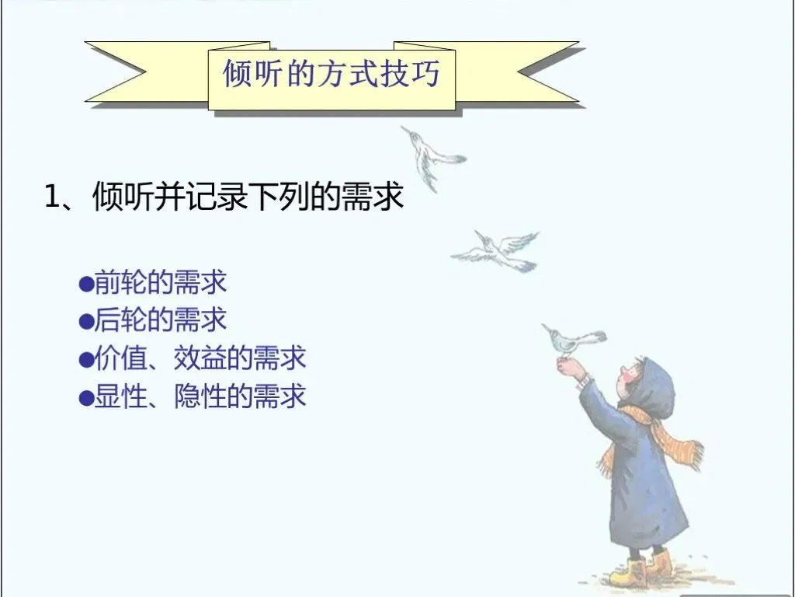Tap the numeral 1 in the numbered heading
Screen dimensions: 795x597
click(x=52, y=197)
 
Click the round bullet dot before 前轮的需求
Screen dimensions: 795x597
click(x=87, y=283)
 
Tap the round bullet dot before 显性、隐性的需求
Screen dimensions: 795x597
click(x=87, y=397)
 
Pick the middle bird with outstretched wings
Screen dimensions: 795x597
click(x=496, y=251)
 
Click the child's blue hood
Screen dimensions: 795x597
click(x=654, y=386)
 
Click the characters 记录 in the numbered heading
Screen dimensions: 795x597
click(x=218, y=197)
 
